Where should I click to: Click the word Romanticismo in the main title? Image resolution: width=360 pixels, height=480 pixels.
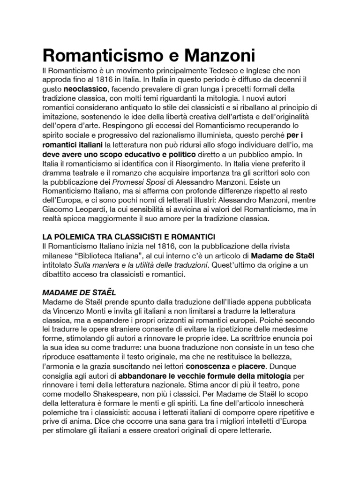pyautogui.click(x=95, y=56)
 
